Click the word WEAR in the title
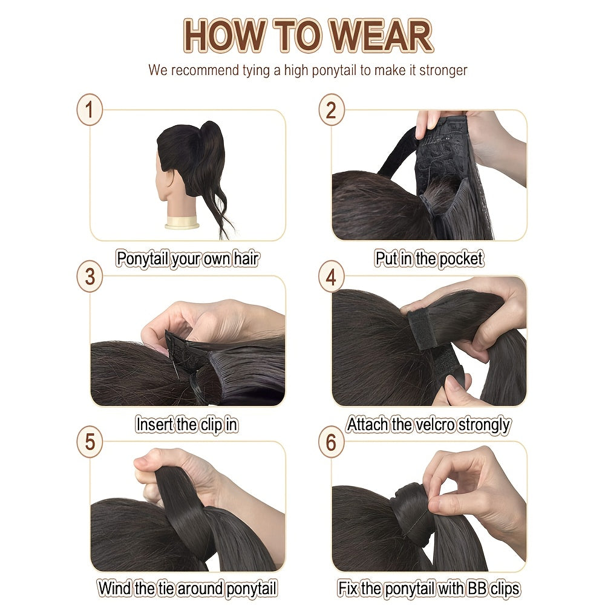[382, 36]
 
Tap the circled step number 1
[90, 110]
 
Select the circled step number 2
[331, 110]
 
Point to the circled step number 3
[90, 276]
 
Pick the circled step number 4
[331, 276]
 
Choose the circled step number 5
[90, 442]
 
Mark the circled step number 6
[331, 442]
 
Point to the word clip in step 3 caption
[211, 425]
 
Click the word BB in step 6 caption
[477, 589]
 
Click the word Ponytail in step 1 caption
[142, 258]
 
